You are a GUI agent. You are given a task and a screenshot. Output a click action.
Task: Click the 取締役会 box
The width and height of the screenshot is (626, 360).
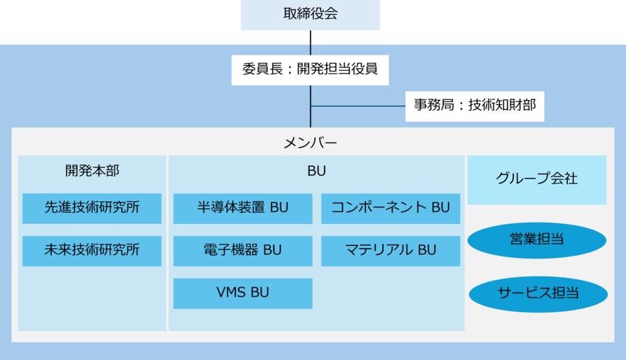[311, 15]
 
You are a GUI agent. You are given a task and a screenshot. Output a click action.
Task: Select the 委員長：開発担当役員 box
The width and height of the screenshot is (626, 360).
[311, 70]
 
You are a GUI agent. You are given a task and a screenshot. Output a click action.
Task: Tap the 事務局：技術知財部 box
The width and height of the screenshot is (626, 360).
[475, 106]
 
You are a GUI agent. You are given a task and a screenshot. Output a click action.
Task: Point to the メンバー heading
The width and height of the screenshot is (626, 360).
[311, 142]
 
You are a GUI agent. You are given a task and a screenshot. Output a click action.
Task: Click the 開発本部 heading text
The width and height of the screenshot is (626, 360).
[92, 171]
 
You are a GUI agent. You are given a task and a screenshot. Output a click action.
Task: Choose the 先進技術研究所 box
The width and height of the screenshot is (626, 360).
[92, 208]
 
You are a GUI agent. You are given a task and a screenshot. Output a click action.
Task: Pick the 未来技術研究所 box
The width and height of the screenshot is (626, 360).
[92, 251]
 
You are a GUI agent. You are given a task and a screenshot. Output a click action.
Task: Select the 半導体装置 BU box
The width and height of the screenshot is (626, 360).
[242, 208]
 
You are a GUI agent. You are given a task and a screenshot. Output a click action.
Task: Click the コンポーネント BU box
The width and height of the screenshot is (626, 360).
[391, 208]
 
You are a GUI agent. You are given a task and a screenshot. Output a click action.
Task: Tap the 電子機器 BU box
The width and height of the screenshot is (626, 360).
[242, 251]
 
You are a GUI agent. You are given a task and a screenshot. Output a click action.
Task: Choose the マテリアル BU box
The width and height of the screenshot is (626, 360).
[391, 251]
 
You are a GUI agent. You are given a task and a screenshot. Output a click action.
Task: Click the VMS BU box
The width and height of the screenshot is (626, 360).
[242, 293]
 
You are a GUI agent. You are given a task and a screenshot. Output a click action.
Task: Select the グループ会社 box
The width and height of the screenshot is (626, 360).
[537, 180]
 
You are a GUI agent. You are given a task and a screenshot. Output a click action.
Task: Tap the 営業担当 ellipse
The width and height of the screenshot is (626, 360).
[537, 240]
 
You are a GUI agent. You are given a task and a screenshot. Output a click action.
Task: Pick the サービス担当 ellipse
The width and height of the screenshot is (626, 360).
[538, 294]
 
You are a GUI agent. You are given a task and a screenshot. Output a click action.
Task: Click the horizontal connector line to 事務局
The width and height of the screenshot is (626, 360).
[358, 106]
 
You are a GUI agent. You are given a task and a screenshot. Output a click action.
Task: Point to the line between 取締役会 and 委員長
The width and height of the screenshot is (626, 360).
[311, 43]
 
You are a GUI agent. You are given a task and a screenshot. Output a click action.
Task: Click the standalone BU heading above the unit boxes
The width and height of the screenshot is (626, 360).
[317, 171]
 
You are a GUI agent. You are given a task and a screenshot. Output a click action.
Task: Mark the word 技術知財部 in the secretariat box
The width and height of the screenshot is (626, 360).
[502, 106]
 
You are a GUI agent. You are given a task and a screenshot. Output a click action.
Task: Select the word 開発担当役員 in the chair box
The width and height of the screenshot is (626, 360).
[337, 69]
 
